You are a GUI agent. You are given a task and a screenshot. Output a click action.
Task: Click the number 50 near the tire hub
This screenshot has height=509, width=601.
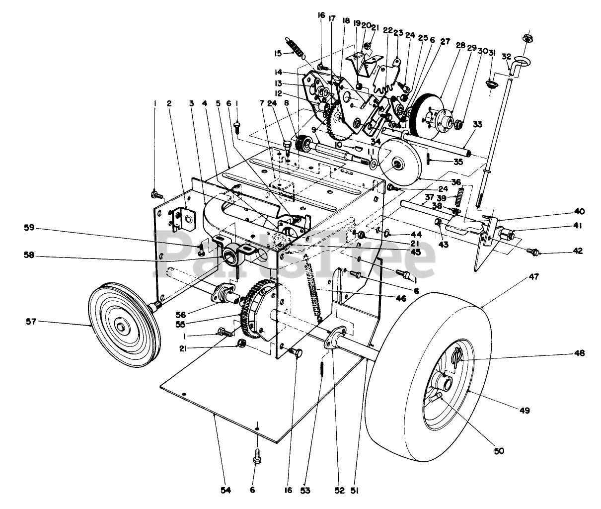(499, 451)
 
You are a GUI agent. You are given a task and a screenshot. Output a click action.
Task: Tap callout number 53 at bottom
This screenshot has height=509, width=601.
(305, 490)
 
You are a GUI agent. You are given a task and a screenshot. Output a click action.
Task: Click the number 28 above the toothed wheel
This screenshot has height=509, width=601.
(460, 46)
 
